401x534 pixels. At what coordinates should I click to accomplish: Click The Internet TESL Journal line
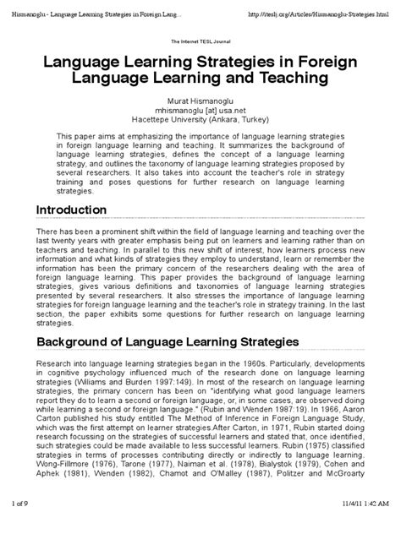pyautogui.click(x=200, y=41)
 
